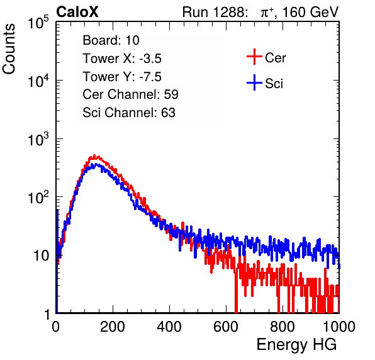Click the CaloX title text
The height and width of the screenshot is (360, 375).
tap(77, 12)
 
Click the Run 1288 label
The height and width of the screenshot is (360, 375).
tap(215, 12)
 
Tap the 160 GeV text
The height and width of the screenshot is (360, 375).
tap(310, 12)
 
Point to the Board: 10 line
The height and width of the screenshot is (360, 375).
tap(111, 40)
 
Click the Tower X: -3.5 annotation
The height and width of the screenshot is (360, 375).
tap(122, 59)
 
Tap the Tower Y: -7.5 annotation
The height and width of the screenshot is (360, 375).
tap(122, 77)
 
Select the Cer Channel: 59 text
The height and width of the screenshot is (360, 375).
tap(130, 94)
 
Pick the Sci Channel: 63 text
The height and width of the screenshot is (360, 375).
tap(129, 113)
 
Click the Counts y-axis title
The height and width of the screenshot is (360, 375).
tap(9, 48)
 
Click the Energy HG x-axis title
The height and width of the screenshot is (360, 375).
tap(296, 345)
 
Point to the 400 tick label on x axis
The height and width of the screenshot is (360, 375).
tap(169, 327)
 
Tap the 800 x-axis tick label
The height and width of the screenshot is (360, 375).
tap(283, 327)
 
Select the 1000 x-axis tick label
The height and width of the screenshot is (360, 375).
tap(339, 327)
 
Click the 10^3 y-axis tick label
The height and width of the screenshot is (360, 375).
tap(38, 138)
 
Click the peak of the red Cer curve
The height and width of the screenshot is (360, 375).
tap(94, 155)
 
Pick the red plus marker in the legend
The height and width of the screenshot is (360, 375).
tap(254, 57)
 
